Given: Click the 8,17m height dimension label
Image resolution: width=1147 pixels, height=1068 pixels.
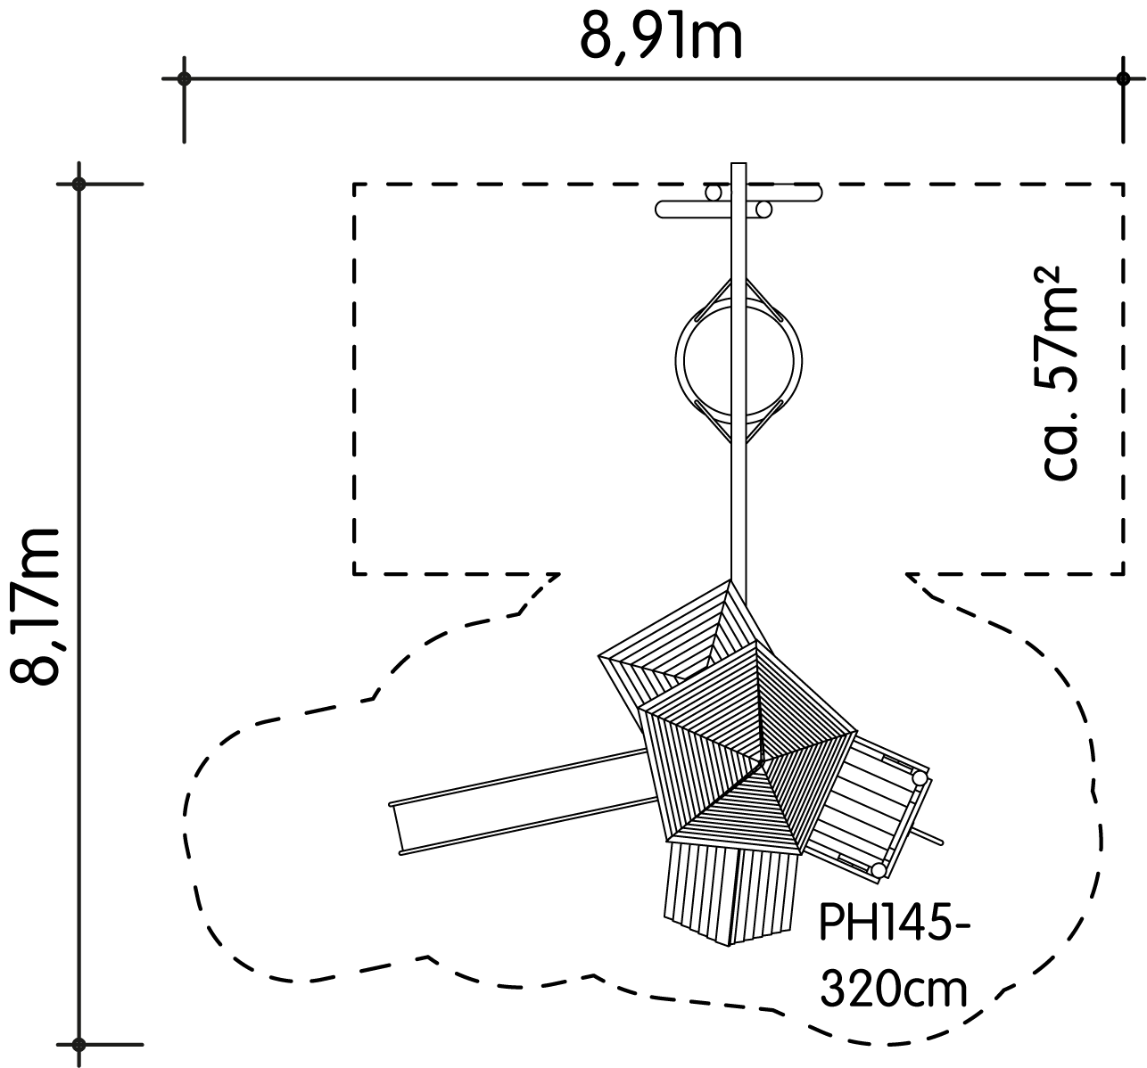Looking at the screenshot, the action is point(36,607).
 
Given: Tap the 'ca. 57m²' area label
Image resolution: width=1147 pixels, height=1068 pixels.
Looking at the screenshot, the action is point(1060,373).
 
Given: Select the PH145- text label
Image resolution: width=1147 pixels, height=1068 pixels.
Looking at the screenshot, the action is point(895,923).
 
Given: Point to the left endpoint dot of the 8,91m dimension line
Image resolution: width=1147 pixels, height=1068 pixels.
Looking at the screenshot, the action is point(185,78).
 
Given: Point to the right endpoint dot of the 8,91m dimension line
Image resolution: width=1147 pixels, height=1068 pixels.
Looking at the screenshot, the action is point(1123,78).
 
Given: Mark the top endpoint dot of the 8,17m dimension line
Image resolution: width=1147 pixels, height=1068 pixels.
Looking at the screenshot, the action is point(79,185).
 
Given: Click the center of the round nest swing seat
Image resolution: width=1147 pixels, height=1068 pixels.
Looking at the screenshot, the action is point(739,361).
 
